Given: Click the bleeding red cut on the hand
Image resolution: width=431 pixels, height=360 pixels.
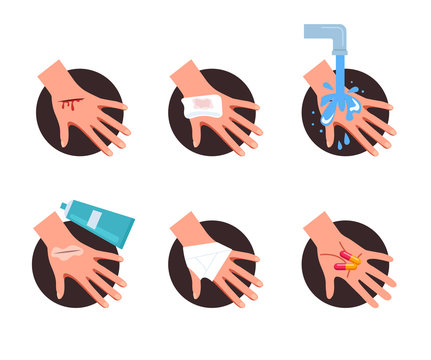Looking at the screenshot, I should pyautogui.click(x=69, y=102).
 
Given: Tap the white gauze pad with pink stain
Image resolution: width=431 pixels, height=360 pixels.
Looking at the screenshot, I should pyautogui.click(x=202, y=105).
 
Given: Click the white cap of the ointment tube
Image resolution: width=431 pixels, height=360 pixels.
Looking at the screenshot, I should pyautogui.click(x=63, y=207).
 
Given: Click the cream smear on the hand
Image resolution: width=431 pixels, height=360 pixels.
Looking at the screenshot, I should pyautogui.click(x=67, y=254).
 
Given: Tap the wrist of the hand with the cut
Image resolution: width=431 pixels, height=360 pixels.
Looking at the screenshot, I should pyautogui.click(x=52, y=73).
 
